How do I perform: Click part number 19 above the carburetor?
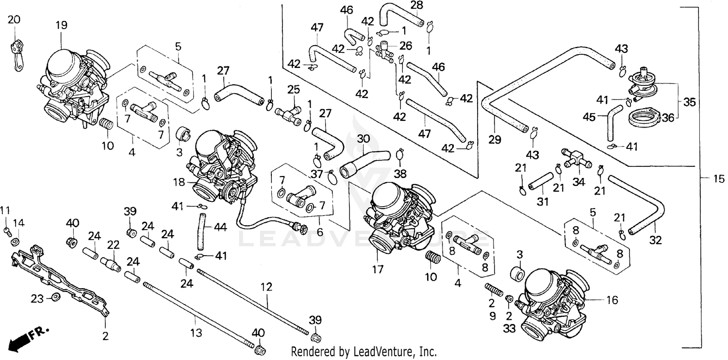(x=62, y=26)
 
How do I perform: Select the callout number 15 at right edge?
(x=719, y=178)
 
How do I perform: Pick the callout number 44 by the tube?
(x=220, y=227)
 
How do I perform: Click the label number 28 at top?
(x=416, y=5)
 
